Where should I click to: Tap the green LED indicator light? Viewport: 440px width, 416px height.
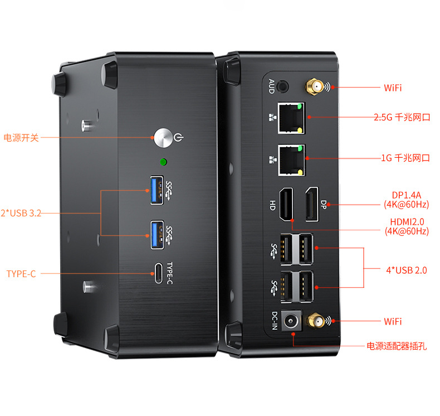coord(163,162)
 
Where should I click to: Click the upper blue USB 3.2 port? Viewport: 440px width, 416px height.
coord(157,188)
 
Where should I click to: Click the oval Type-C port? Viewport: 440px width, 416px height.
coord(158,273)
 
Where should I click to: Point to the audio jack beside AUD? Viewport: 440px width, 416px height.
coord(284,86)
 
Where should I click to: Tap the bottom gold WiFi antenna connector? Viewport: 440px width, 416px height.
coord(316,321)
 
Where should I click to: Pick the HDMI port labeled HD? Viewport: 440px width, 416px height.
coord(286,204)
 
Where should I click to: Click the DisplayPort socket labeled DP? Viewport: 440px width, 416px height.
coord(310,204)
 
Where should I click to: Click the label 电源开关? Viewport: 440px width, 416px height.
coord(22,137)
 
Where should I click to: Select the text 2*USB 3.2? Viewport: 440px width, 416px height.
coord(21,212)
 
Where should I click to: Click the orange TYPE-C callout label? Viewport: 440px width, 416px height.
coord(21,274)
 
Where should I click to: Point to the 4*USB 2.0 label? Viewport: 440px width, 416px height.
coord(406,270)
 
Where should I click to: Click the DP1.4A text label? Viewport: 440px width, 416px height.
coord(406,195)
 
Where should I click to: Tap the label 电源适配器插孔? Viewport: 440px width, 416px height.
coord(397,346)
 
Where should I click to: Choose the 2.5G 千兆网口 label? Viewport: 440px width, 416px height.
coord(402,117)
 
